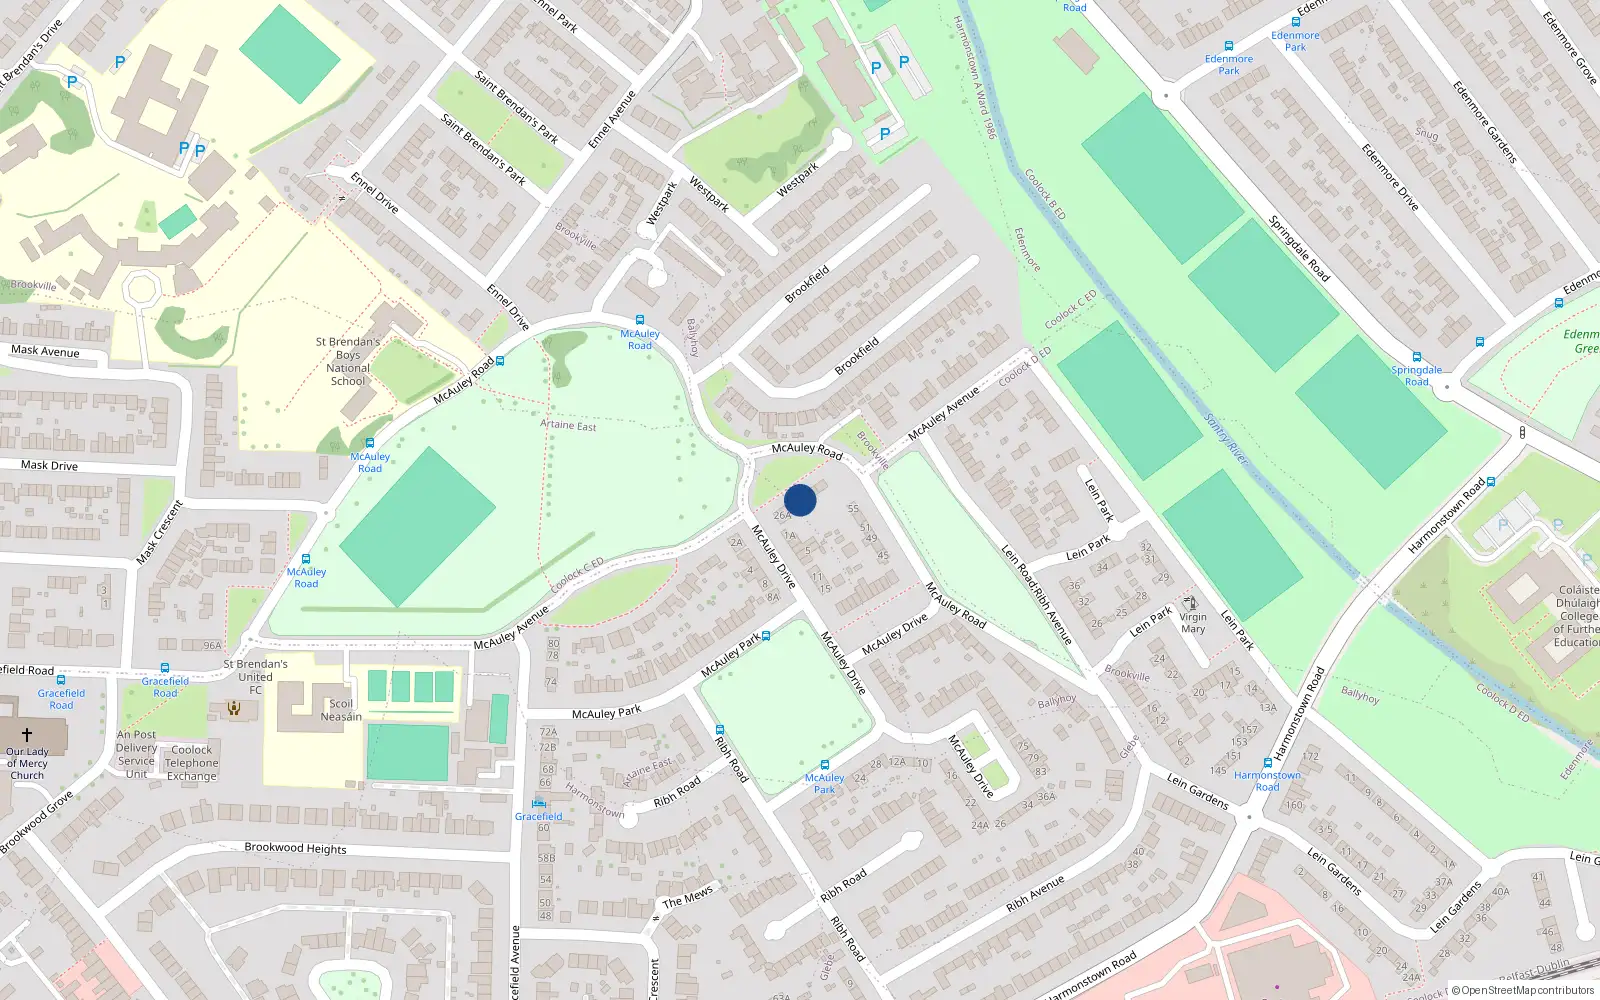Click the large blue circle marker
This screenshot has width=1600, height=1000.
[800, 500]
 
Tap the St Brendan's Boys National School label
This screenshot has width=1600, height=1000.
[348, 361]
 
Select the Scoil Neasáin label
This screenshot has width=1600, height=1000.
[341, 710]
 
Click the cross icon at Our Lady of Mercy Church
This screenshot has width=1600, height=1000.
[27, 734]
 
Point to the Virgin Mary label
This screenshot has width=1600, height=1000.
[1193, 623]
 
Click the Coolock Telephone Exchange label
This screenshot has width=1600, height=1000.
[191, 762]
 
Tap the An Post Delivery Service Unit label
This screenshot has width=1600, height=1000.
[137, 754]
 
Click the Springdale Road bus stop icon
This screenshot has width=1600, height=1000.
[1417, 357]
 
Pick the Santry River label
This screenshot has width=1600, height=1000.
[1226, 439]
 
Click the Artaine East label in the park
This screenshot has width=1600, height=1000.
[568, 425]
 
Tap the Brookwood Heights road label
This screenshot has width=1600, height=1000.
[295, 848]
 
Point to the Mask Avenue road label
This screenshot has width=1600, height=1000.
[45, 351]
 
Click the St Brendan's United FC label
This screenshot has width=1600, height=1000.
[255, 676]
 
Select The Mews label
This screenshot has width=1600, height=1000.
[687, 897]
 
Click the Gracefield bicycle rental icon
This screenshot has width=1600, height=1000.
[539, 802]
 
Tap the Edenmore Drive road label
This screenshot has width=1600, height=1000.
[1389, 177]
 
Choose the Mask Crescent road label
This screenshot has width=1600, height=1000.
[160, 532]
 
